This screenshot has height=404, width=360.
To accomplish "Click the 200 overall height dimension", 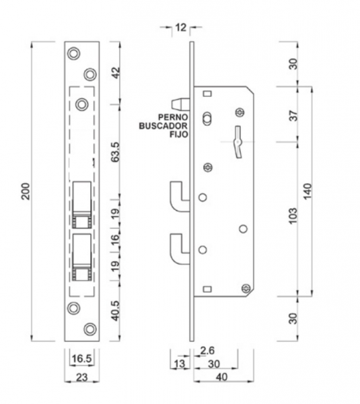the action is tap(26, 191).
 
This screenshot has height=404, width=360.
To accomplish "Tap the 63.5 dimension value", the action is tap(115, 152).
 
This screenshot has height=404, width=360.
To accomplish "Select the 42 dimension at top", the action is tap(116, 73).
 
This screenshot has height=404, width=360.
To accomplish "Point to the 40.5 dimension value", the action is tap(115, 311).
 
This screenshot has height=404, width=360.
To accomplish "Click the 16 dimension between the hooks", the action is tap(115, 240).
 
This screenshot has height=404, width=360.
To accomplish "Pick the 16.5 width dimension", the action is tap(81, 358).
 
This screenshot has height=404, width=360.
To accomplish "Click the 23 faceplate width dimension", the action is tap(82, 377).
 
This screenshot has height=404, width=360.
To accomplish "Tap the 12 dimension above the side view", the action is tap(181, 28).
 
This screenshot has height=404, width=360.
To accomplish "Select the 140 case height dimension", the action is tap(308, 191).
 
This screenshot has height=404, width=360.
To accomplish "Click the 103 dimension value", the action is tap(293, 216).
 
